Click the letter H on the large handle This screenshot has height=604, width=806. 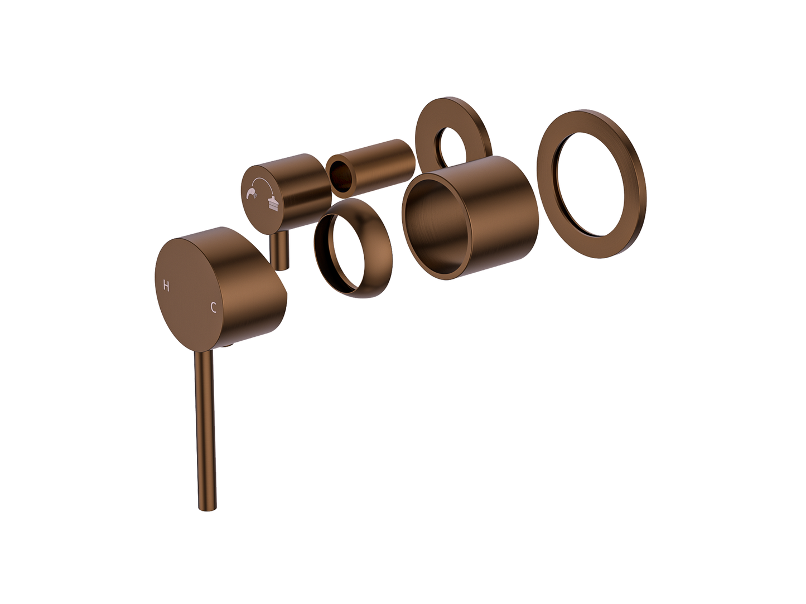(x=166, y=286)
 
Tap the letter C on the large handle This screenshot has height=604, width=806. (x=213, y=307)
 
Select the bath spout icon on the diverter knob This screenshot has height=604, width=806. (x=273, y=204)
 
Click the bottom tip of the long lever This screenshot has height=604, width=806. (x=207, y=509)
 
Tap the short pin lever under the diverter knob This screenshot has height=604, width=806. (x=280, y=251)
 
